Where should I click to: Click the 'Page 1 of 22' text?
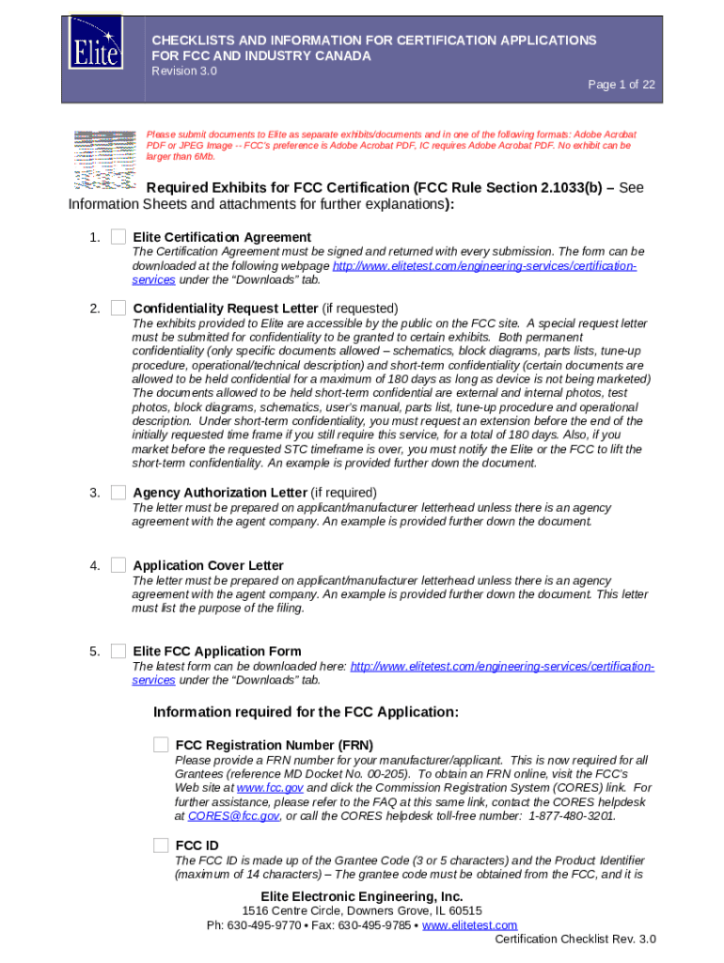point(622,85)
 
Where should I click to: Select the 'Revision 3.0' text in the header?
point(184,71)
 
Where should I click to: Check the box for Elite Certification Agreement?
point(118,237)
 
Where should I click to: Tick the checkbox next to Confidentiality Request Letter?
point(118,308)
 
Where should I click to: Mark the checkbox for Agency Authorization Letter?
point(118,492)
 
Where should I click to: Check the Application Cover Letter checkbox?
point(118,565)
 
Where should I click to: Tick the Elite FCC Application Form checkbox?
point(118,651)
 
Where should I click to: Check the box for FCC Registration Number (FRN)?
point(162,745)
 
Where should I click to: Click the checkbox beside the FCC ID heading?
point(162,845)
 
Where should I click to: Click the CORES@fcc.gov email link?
point(233,816)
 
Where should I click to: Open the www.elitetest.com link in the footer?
point(469,925)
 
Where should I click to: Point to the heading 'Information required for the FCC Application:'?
point(306,712)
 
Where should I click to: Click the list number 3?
point(95,493)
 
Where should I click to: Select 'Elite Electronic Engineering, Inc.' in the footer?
point(362,896)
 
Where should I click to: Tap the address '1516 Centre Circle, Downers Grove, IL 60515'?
point(362,911)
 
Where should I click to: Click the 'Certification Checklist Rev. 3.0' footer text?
point(575,939)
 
